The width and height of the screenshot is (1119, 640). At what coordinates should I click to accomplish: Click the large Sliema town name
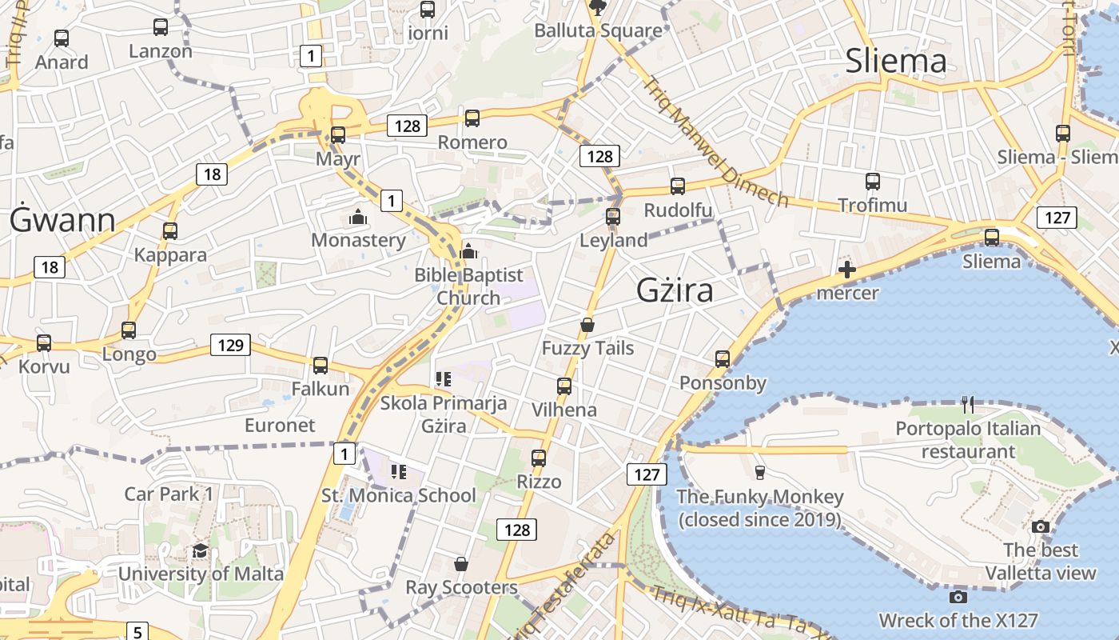click(895, 61)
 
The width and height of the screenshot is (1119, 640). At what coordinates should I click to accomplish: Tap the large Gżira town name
click(675, 291)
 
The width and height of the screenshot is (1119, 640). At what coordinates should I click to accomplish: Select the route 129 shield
click(230, 345)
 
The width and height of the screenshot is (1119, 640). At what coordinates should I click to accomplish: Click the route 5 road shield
click(137, 630)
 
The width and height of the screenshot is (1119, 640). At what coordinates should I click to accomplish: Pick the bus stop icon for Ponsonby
click(723, 358)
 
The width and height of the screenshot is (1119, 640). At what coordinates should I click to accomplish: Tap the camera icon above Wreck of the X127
click(958, 597)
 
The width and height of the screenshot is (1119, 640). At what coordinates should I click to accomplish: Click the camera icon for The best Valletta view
click(1040, 526)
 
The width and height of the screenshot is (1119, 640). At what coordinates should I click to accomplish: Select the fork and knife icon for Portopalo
click(968, 405)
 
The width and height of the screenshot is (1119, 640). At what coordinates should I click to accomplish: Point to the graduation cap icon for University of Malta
click(200, 550)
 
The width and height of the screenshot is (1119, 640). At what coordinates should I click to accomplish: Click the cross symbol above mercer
click(847, 270)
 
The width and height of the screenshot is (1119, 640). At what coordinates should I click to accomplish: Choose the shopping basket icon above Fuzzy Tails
click(587, 325)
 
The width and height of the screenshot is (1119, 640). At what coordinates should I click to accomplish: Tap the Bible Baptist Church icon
click(468, 252)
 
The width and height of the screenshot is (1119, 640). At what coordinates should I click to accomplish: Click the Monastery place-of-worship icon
click(358, 217)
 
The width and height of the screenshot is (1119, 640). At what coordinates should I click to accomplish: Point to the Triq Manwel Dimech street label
click(716, 142)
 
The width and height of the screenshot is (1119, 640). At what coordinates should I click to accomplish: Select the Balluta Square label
click(598, 31)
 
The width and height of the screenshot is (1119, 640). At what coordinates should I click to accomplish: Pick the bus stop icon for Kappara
click(169, 231)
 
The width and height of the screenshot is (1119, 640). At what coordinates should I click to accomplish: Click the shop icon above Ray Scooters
click(460, 564)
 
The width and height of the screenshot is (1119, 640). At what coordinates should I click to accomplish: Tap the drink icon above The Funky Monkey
click(759, 473)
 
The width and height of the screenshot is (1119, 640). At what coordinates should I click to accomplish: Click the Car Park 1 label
click(169, 494)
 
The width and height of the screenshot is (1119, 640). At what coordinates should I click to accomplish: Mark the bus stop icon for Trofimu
click(872, 182)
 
